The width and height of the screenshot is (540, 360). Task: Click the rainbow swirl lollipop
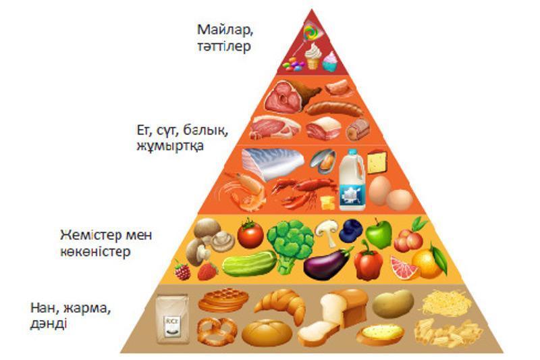[x=311, y=32]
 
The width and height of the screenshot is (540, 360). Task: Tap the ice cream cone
[x=313, y=56]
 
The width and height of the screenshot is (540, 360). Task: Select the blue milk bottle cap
[x=352, y=151]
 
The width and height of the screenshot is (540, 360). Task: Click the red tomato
[x=250, y=234]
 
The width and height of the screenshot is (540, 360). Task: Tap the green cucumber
[x=249, y=264]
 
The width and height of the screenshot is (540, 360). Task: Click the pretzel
[x=217, y=331]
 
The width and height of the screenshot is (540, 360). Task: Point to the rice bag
[x=172, y=319]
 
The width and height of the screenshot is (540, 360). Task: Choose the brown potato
[x=393, y=303]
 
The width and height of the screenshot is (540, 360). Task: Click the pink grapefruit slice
[x=404, y=267]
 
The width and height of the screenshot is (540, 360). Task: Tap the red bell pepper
[x=368, y=261]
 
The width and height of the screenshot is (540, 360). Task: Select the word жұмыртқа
[x=170, y=146]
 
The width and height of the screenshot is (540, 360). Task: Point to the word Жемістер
[x=91, y=235]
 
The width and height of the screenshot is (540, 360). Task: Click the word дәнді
[x=48, y=324]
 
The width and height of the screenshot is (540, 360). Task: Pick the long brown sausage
[x=334, y=109]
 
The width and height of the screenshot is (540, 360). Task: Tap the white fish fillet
[x=273, y=163]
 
